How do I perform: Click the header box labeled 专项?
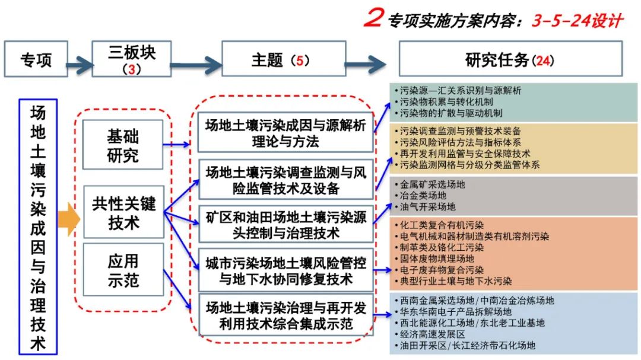coord(36,59)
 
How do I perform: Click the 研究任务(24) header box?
coord(511,59)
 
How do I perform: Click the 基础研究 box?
coord(123,145)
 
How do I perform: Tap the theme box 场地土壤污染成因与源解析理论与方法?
coord(285,133)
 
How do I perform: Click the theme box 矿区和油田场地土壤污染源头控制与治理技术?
coord(285,224)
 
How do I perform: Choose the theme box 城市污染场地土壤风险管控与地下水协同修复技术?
coord(285,270)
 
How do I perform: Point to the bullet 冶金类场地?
coord(424,195)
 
